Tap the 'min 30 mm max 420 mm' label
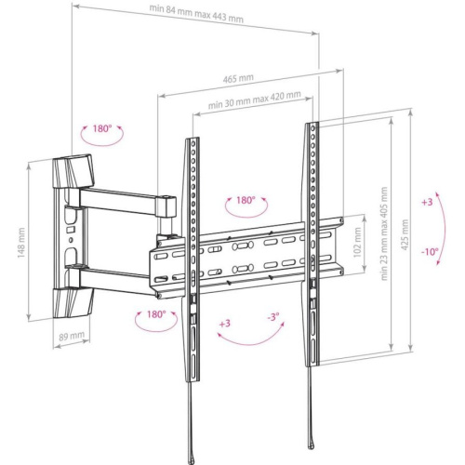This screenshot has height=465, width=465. (254, 96)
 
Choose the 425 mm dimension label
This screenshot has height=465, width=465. (405, 228)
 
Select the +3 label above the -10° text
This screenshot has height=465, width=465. (427, 202)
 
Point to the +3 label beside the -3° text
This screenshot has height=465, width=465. (225, 324)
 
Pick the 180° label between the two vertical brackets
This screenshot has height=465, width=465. (246, 201)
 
